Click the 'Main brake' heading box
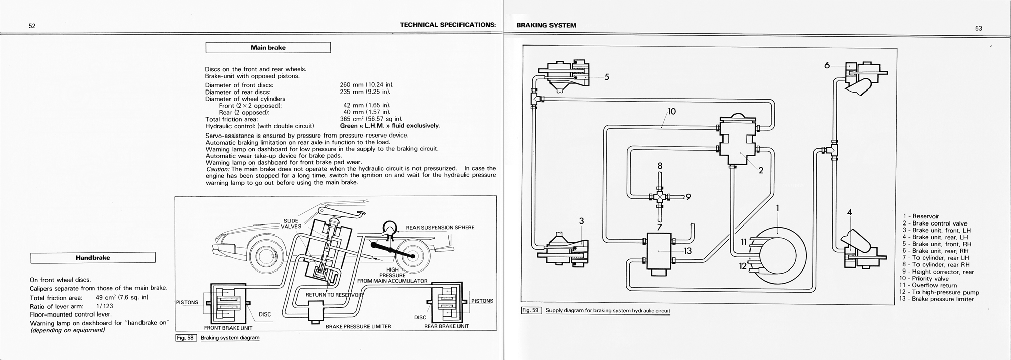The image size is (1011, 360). click(268, 48)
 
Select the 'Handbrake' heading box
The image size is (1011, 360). click(93, 258)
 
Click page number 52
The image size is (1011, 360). click(32, 27)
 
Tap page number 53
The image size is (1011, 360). click(979, 29)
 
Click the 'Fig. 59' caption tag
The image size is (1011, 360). click(531, 310)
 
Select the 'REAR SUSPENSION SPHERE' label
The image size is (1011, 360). click(440, 228)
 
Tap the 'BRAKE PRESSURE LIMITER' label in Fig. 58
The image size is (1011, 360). click(358, 327)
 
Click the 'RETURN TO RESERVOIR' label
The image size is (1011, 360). click(335, 295)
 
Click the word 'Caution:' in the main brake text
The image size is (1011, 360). click(218, 169)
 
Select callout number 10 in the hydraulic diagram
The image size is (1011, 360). click(671, 111)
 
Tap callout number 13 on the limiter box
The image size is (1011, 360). click(687, 250)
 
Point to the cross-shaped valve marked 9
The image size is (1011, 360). click(660, 197)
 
